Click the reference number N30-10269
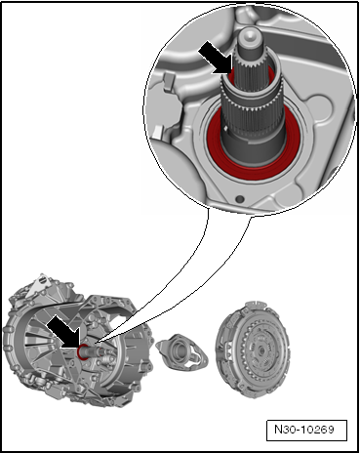[304, 430]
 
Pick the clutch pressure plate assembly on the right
[252, 350]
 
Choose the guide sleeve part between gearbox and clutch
[181, 351]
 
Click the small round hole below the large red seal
[240, 198]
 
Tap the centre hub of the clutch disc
[260, 351]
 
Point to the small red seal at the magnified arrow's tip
[231, 75]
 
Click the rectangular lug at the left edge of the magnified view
[168, 81]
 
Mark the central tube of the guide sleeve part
[178, 349]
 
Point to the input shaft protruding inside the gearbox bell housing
[95, 352]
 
